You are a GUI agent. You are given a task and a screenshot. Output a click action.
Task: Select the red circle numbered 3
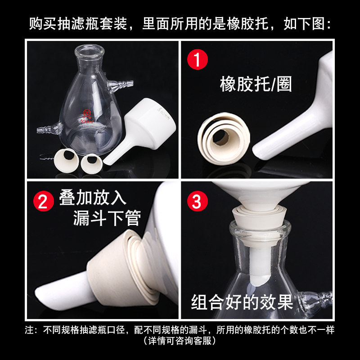click(197, 201)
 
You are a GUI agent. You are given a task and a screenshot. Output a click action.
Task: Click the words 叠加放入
click(93, 198)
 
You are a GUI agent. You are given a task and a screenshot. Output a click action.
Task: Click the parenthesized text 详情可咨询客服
click(180, 341)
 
